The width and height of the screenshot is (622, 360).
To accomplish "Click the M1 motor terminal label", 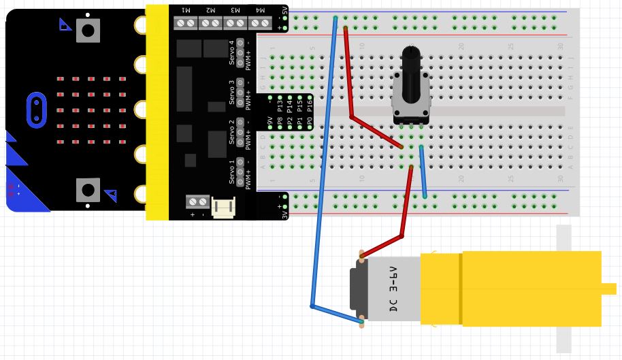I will [x=186, y=10].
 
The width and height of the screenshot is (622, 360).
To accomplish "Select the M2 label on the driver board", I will [x=210, y=10].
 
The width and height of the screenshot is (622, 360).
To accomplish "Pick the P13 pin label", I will [x=280, y=105].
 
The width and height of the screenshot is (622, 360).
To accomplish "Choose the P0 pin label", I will [x=310, y=123].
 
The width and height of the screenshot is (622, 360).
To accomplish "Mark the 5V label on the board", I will [x=284, y=12].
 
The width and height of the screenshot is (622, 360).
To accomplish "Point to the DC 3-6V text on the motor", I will [x=393, y=289].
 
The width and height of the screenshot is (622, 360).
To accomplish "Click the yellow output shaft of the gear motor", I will [x=608, y=289].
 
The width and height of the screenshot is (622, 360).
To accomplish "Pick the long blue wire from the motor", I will [x=323, y=170].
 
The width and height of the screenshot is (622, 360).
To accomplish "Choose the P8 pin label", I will [x=280, y=123].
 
